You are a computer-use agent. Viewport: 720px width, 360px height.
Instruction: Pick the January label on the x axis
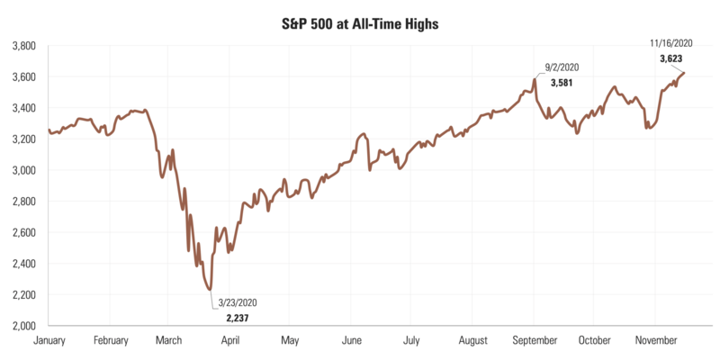point(49,341)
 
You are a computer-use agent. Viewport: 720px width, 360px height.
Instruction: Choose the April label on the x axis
point(229,341)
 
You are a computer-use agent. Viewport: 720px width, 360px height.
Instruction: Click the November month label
point(654,341)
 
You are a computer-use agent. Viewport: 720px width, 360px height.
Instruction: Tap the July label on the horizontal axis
point(410,341)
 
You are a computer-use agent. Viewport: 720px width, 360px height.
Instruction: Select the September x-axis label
point(533,341)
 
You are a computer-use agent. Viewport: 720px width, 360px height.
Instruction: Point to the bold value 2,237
point(238,318)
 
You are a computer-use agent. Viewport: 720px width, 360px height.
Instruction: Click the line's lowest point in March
point(211,289)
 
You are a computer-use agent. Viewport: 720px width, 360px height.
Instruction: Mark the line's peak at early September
point(535,79)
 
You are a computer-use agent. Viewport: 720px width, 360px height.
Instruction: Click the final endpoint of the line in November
point(685,73)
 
